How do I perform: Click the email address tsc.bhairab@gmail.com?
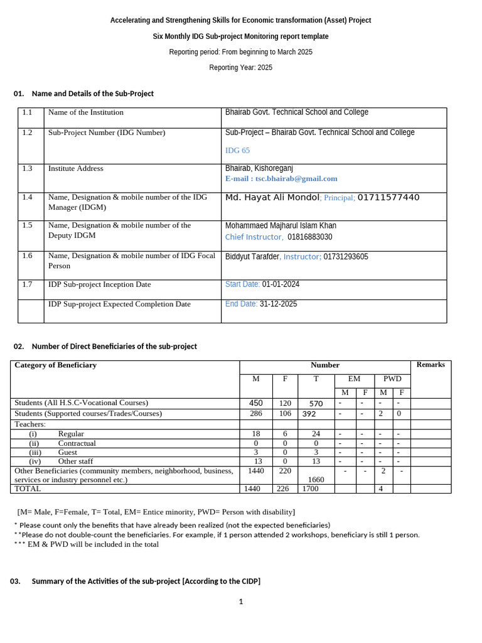[296, 178]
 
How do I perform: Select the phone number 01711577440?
[388, 197]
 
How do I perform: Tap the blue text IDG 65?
[237, 151]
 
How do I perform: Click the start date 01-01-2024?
[281, 284]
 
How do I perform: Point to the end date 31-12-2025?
[278, 304]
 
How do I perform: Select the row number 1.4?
[27, 197]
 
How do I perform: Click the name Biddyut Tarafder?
[252, 257]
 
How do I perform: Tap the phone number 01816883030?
[310, 237]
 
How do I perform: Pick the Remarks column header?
[431, 364]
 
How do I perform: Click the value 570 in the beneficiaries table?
[316, 403]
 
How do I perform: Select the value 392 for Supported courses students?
[309, 414]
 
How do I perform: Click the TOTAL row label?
[28, 489]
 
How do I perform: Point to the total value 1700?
[310, 489]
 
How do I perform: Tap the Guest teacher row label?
[67, 452]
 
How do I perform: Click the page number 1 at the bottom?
[240, 602]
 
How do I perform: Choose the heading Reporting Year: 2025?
[240, 68]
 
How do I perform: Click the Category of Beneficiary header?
[55, 365]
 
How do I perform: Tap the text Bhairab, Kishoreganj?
[259, 168]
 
